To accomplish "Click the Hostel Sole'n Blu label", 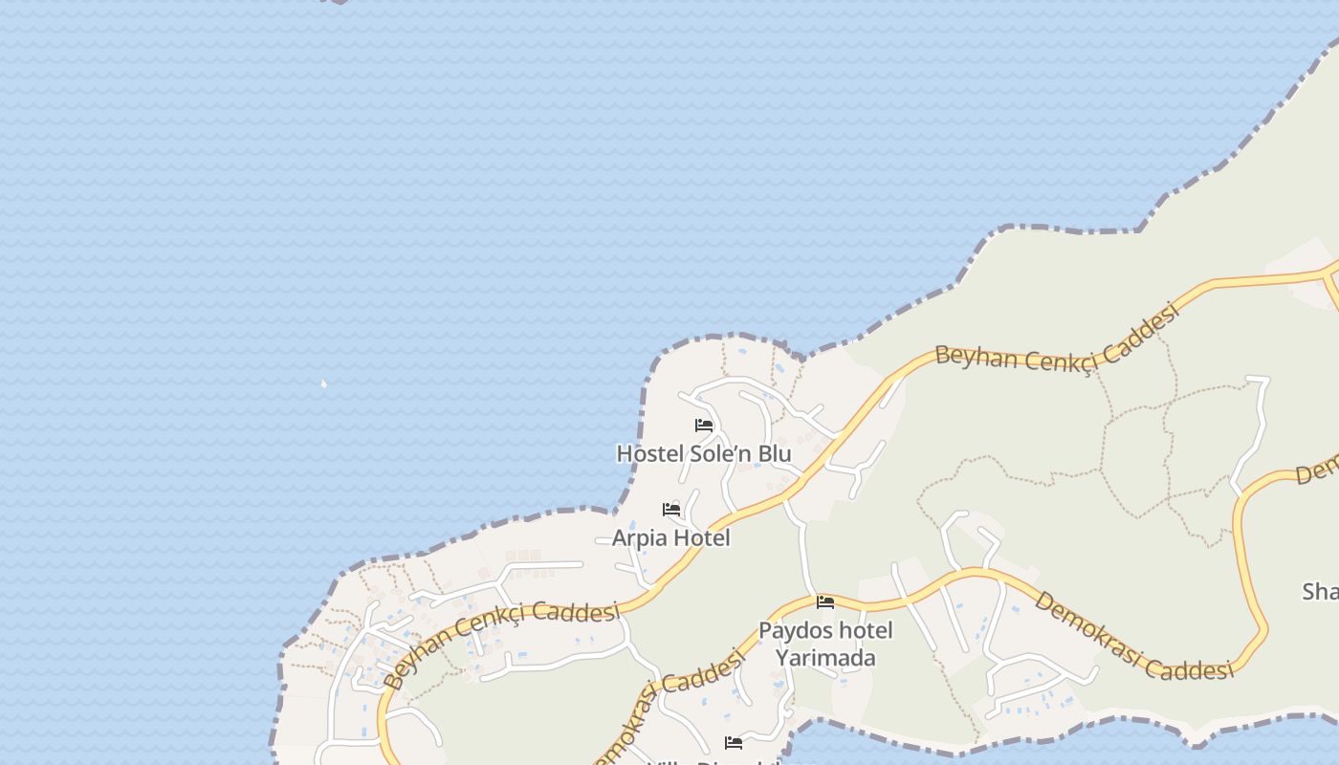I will (703, 453).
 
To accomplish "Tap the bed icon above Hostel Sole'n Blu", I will (704, 426).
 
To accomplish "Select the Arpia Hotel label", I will (670, 537).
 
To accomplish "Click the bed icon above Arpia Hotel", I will (671, 510).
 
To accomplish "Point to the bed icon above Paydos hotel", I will (825, 602).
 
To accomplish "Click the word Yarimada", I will (825, 658).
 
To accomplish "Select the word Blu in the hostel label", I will (772, 453).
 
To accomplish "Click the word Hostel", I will (646, 453).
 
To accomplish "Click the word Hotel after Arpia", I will (701, 537).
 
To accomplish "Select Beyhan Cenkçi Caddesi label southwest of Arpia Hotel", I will (501, 642).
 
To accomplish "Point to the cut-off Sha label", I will (1321, 592).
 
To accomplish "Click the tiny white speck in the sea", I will (323, 383).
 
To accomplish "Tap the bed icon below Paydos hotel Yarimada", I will (734, 742).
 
